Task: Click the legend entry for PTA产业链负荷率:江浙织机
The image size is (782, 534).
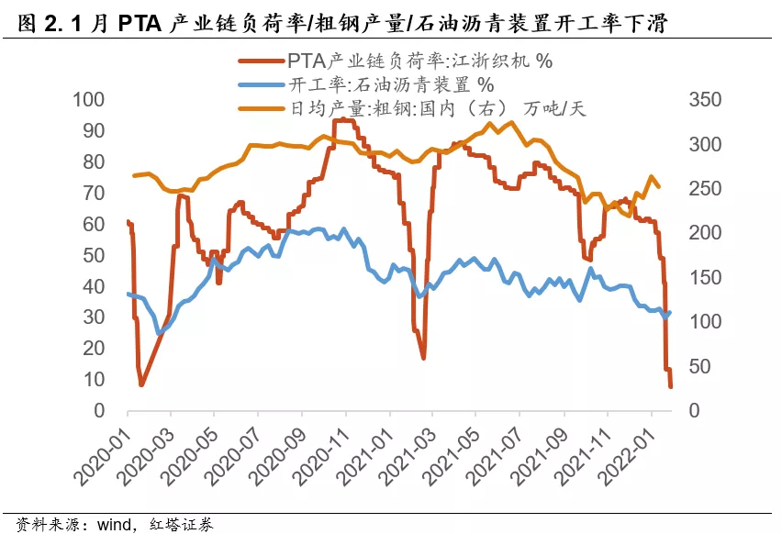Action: point(419,61)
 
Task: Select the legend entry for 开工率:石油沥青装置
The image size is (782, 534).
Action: point(377,85)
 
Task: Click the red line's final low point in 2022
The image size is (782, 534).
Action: point(671,386)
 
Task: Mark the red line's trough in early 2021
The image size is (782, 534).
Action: point(423,357)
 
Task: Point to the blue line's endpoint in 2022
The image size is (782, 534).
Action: point(671,312)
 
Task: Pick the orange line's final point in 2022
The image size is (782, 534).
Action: point(658,187)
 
